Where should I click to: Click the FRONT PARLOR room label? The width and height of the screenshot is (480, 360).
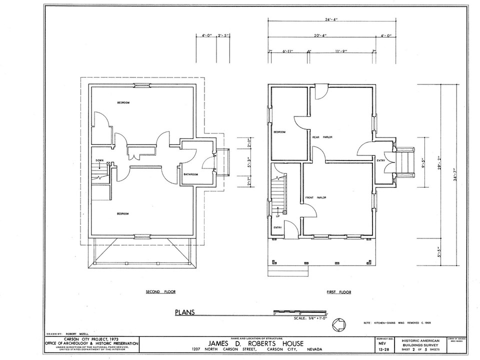click(315, 197)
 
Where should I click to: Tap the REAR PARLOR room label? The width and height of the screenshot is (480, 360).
click(322, 137)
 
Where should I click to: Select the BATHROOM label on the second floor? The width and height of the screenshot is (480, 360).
click(190, 174)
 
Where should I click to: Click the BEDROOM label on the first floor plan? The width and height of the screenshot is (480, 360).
click(279, 132)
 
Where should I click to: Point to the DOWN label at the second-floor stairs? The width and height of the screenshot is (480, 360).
click(99, 160)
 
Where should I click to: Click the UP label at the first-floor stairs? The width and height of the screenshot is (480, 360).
click(277, 216)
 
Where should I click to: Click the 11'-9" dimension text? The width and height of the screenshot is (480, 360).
click(341, 51)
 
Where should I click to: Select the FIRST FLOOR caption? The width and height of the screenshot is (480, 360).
click(338, 291)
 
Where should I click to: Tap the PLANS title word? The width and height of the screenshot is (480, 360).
click(184, 313)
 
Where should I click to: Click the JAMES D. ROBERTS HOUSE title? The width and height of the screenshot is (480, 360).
click(257, 343)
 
